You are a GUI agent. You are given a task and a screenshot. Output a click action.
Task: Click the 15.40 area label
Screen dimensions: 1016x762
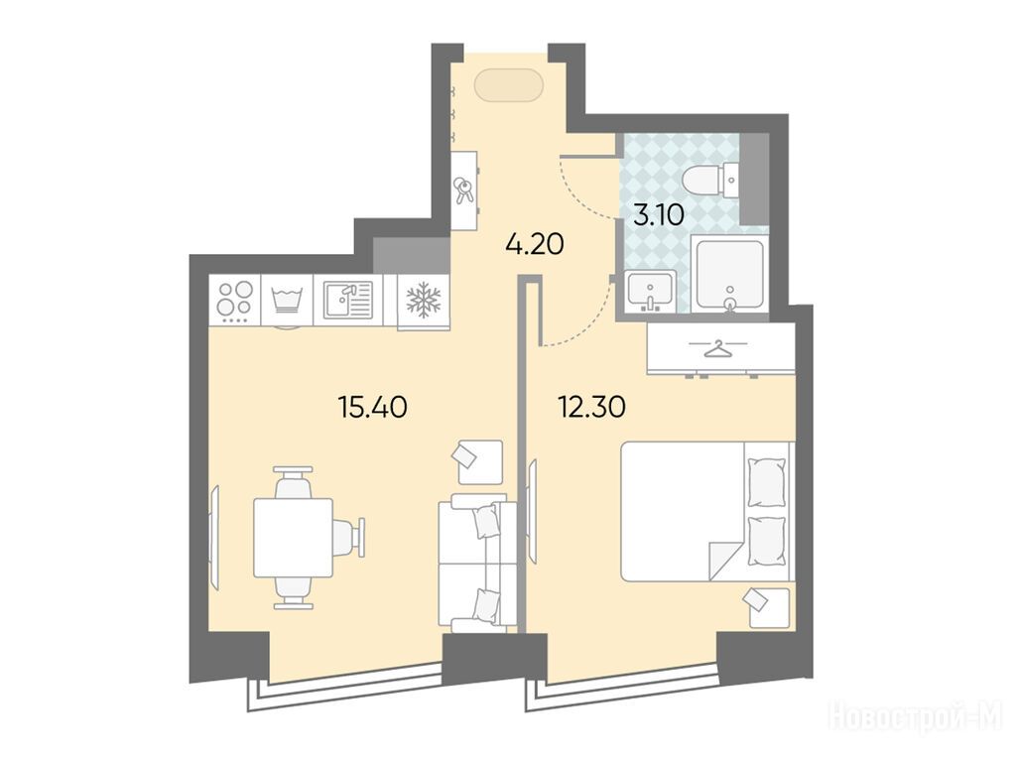[373, 408]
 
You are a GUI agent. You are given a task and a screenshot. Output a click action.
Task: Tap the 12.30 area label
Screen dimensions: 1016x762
[591, 407]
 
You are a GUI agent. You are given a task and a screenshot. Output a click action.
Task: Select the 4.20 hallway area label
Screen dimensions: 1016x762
[535, 244]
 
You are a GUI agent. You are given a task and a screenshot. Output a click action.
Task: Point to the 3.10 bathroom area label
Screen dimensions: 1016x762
[659, 214]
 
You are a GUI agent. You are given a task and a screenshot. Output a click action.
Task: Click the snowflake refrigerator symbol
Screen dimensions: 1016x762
[423, 300]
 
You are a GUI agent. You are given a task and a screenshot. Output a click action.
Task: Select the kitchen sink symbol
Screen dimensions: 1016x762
[349, 300]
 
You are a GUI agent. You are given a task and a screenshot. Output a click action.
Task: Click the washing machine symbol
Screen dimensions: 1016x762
[287, 302]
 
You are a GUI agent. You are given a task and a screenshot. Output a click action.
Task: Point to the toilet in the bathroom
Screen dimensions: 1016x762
[711, 183]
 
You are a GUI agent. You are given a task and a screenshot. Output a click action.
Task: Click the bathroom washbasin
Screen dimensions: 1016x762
[651, 292]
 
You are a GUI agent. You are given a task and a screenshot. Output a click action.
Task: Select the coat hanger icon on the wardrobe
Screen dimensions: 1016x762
[717, 348]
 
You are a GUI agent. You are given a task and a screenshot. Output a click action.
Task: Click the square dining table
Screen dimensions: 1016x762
[293, 537]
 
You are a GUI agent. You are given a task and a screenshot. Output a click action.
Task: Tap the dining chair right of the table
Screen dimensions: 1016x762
[350, 537]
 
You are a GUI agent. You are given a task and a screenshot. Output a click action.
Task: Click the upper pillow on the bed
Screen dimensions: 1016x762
[767, 482]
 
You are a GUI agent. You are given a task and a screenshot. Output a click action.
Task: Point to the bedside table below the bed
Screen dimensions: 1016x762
[769, 607]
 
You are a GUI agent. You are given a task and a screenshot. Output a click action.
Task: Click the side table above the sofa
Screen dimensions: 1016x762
[480, 462]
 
